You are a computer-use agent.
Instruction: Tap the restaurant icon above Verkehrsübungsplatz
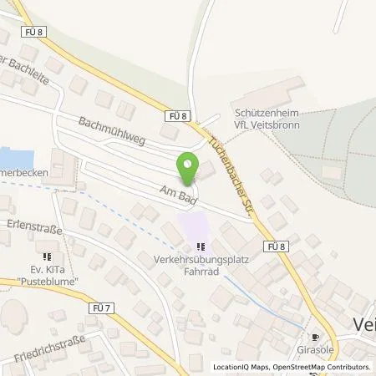200,246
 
